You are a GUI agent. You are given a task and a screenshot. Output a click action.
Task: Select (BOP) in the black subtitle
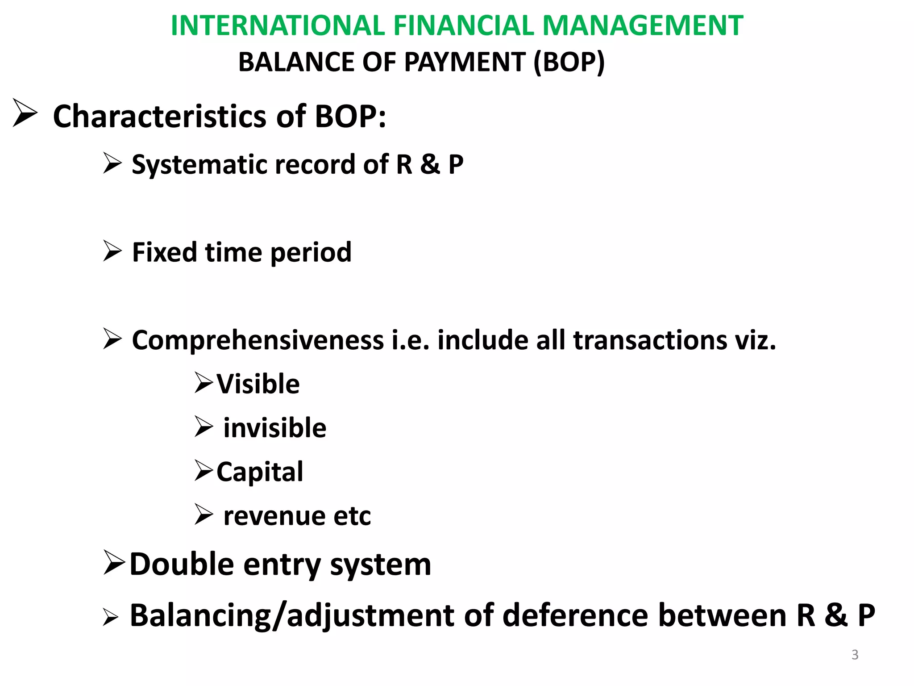tap(569, 62)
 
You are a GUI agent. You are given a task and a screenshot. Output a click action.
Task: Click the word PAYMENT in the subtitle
tap(464, 62)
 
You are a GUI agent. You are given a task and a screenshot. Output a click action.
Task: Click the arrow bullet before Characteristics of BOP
tap(25, 113)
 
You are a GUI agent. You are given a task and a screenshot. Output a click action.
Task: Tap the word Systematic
tap(203, 165)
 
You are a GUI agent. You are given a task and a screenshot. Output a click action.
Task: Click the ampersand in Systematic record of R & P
tap(429, 164)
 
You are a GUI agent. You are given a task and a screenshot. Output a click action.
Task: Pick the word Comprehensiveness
tap(258, 340)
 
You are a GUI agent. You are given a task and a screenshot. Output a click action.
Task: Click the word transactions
tap(650, 340)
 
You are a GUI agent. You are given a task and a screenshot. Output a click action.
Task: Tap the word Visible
tap(258, 384)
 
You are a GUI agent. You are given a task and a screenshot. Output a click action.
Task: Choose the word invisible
tap(275, 428)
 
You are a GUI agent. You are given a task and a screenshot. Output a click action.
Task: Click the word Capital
tap(260, 472)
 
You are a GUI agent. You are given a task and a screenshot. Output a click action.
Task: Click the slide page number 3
tap(855, 655)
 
